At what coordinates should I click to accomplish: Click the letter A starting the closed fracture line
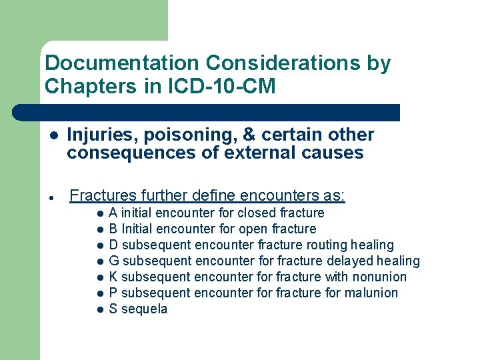[x=113, y=213]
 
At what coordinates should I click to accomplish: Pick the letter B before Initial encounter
[x=113, y=229]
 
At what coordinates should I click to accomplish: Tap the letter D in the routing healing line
[x=113, y=245]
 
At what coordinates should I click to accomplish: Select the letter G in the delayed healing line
[x=114, y=261]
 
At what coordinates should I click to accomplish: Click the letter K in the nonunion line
[x=113, y=277]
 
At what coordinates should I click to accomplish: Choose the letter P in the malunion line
[x=113, y=293]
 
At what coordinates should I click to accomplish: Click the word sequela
[x=145, y=309]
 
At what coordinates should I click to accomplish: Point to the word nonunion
[x=378, y=277]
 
